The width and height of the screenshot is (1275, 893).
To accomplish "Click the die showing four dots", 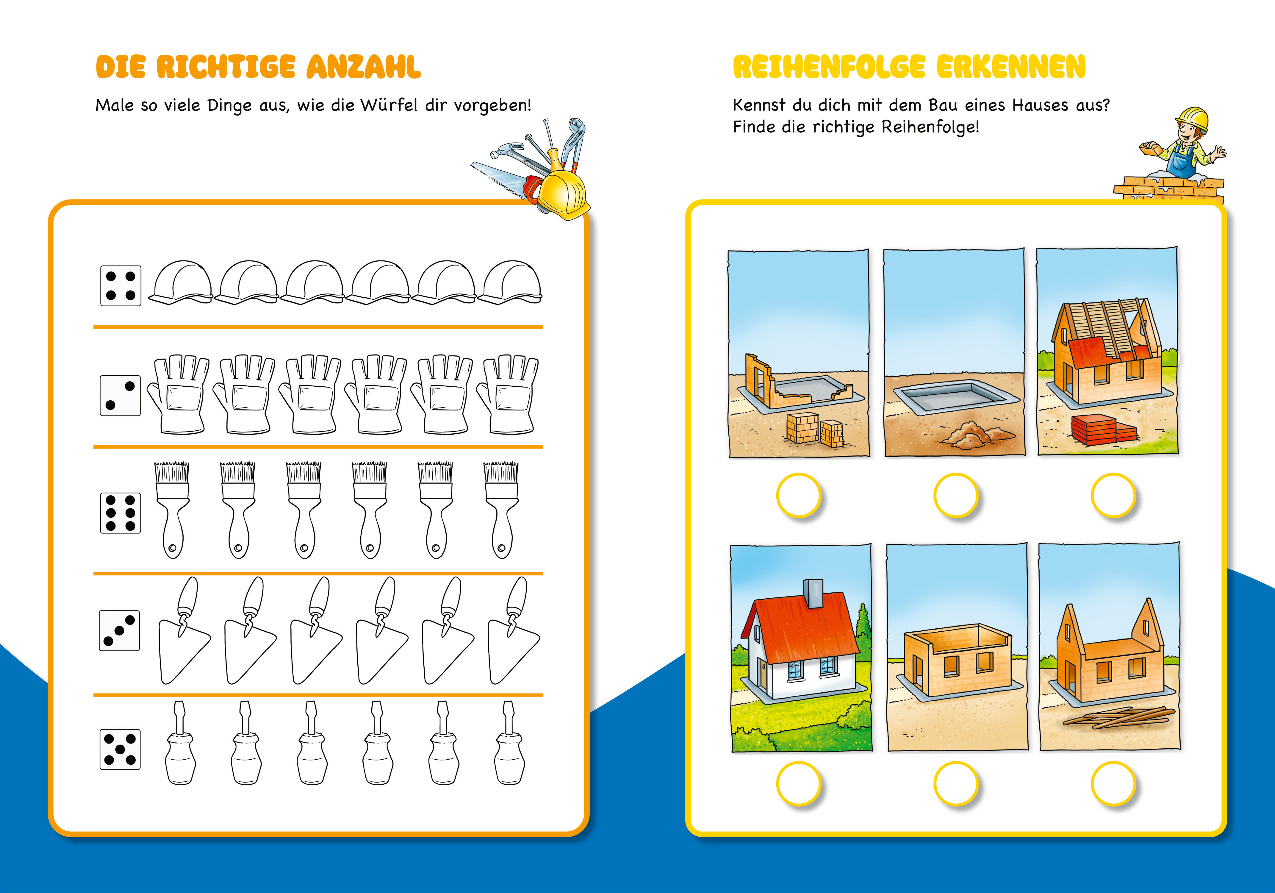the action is (121, 286).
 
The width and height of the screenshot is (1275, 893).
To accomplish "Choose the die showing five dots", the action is (120, 749).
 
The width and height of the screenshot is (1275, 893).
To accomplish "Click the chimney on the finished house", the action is (814, 594).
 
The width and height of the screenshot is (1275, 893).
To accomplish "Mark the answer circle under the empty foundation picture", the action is (956, 495).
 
